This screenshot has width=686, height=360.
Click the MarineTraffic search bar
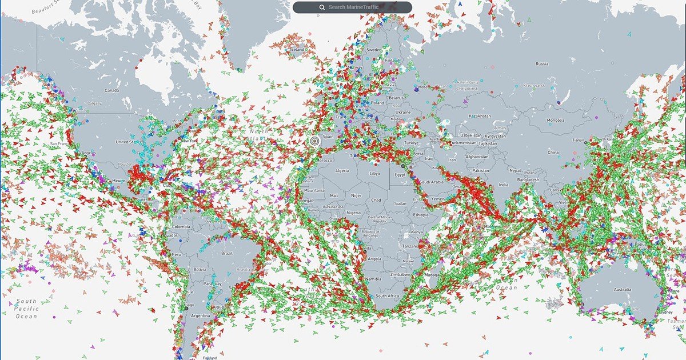point(352,7)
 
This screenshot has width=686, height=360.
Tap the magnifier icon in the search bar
point(322,7)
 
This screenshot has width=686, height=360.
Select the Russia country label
point(542,64)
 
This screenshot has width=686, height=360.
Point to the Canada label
point(111,90)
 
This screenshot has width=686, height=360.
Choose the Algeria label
point(341,171)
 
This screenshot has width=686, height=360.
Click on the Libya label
point(374,173)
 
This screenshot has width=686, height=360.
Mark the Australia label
point(622,290)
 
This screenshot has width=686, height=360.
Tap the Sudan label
point(400,203)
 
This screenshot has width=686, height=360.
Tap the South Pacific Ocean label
point(26,309)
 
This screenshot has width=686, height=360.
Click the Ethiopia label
point(421,215)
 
